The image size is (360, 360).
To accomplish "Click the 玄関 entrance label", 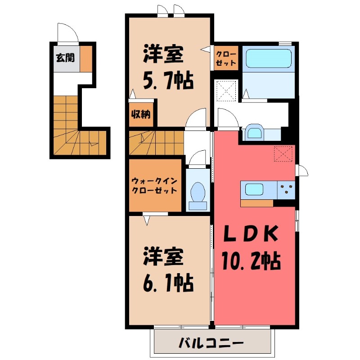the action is click(65, 58).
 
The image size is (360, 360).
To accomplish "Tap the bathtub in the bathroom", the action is click(269, 58).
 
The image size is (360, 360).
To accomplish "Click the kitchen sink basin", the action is click(254, 189).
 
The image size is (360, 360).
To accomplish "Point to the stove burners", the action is click(286, 190).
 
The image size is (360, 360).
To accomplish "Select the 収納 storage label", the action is click(141, 114).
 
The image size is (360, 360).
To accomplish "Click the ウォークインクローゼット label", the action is click(154, 186).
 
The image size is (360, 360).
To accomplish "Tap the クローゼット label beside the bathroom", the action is click(226, 58).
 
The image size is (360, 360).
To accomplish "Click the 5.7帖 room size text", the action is click(168, 81).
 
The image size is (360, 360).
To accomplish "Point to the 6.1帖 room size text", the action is click(168, 283).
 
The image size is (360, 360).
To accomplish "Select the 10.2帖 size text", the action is click(251, 261).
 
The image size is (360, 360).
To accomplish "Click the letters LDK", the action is click(251, 234).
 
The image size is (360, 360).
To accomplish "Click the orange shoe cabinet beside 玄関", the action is click(86, 58).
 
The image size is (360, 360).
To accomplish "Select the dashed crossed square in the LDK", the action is click(283, 153).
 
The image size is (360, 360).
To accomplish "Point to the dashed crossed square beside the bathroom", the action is click(226, 90).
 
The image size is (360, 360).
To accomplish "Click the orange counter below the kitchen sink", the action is click(257, 203).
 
